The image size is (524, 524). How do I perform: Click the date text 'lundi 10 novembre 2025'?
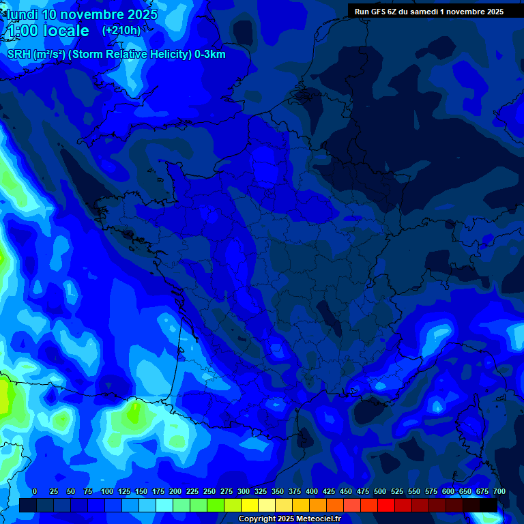point(82,14)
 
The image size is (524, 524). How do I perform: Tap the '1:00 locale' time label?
point(48,31)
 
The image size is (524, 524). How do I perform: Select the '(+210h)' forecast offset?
point(121,31)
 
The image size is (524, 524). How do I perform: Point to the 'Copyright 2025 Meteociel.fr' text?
point(289,519)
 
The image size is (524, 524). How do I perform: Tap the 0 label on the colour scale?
point(35,491)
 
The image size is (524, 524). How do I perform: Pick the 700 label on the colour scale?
point(499,491)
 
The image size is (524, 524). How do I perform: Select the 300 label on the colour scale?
point(243,491)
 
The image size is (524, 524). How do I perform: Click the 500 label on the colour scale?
point(379,491)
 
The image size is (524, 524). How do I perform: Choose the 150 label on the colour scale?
point(141,491)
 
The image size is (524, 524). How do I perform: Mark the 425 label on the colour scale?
point(328,491)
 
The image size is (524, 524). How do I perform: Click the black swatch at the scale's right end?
point(488,505)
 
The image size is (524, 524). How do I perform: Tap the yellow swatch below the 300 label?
point(249,505)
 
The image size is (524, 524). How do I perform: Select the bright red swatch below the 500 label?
point(385,505)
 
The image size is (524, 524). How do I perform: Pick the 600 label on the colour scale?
point(448,491)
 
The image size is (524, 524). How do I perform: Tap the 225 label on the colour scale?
point(192,491)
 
